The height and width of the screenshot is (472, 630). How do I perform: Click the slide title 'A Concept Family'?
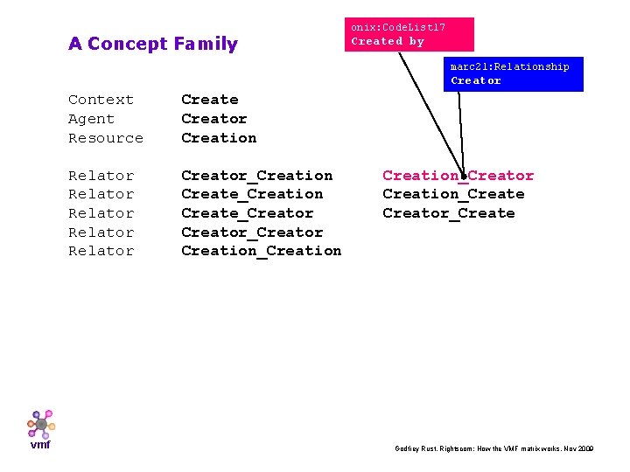tap(153, 44)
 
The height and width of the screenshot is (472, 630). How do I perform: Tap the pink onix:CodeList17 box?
tap(409, 34)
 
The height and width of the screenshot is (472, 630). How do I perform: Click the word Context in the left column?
tap(101, 100)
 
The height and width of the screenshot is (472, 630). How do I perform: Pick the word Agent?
tap(91, 119)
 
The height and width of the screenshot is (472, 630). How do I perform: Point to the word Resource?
tap(105, 138)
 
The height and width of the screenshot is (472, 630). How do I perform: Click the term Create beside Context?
tap(209, 100)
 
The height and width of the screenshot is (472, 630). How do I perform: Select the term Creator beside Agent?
tap(213, 119)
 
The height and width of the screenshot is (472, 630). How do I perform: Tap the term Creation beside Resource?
tap(219, 138)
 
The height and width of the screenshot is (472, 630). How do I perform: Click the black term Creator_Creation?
tap(256, 176)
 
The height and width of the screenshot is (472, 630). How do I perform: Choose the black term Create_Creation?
tap(252, 194)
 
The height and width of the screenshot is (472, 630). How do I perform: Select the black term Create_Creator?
tap(247, 213)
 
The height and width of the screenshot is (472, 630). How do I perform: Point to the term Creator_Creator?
tap(252, 233)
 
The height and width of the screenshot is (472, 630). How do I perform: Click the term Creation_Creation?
tap(261, 251)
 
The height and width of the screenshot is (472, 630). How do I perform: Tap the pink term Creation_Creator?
tap(458, 176)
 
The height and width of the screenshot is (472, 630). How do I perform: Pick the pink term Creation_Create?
tap(453, 194)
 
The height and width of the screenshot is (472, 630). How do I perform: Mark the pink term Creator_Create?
tap(448, 213)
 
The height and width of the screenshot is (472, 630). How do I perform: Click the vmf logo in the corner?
tap(40, 429)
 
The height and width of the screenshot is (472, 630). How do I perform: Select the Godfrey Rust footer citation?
tap(493, 448)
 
